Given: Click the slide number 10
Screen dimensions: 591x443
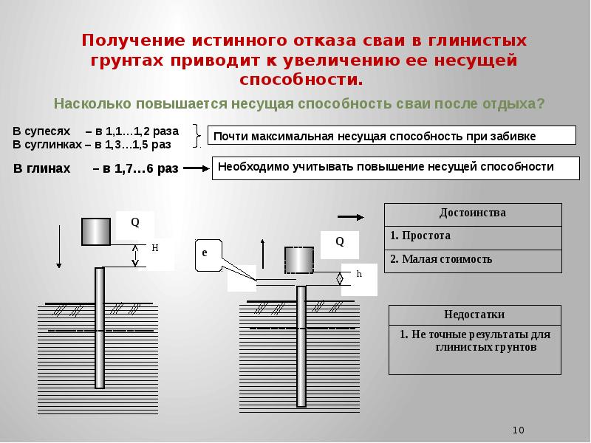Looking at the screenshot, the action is tap(519, 430).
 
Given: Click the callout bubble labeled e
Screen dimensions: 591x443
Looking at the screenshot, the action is tap(208, 255).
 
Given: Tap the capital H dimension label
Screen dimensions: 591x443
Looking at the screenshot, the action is tap(155, 248).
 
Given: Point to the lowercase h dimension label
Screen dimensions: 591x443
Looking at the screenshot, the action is tap(359, 274).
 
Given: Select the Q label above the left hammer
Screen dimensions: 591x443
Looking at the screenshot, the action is tap(135, 222).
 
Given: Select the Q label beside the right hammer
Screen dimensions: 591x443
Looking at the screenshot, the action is tap(340, 241).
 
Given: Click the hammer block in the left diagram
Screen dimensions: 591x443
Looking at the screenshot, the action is tap(96, 232).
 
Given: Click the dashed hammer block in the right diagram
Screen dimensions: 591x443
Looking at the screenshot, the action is tap(299, 260).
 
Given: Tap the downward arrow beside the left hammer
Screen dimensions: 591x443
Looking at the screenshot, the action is tap(59, 247).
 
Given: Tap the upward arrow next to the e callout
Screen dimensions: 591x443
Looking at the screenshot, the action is tap(263, 253).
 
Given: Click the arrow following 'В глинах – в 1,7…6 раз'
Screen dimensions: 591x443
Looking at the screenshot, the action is tap(197, 168).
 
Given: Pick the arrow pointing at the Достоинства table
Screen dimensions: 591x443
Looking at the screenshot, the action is tap(351, 217).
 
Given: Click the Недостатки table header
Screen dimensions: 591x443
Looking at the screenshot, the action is tap(475, 315).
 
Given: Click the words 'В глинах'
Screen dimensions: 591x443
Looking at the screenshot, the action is tap(42, 168).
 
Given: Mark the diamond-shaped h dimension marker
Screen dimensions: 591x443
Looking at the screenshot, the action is tap(340, 279).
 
